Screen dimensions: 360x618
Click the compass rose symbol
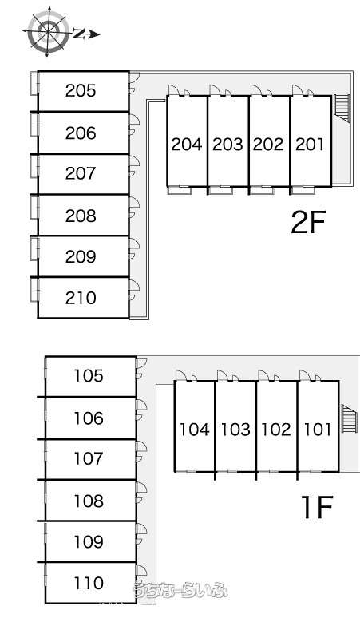click(x=47, y=32)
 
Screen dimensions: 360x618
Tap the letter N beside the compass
click(x=79, y=34)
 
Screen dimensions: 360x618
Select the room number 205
click(x=81, y=91)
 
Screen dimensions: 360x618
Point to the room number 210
click(x=81, y=298)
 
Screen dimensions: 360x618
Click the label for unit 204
click(x=187, y=145)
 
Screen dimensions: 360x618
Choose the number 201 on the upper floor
click(x=310, y=145)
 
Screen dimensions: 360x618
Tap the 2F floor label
click(x=308, y=222)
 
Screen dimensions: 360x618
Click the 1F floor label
click(x=317, y=506)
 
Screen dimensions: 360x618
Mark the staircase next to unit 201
click(x=342, y=108)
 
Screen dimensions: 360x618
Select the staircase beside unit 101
click(x=349, y=418)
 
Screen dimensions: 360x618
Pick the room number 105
click(x=89, y=375)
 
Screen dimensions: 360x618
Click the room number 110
click(x=89, y=583)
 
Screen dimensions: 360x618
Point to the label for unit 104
click(x=195, y=430)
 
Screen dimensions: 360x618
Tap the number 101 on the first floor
click(x=318, y=430)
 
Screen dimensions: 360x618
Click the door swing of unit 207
click(x=135, y=161)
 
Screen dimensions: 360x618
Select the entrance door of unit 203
click(x=215, y=90)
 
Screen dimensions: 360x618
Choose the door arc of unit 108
click(x=142, y=489)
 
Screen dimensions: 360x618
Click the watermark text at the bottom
click(x=180, y=590)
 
